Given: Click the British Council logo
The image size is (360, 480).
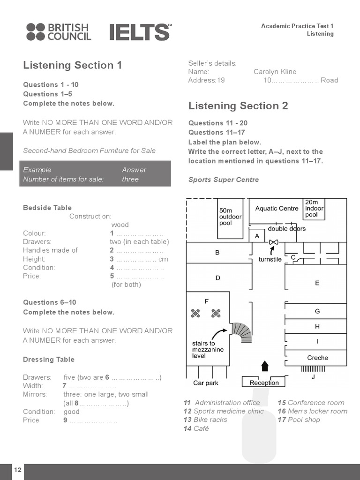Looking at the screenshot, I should click(59, 32).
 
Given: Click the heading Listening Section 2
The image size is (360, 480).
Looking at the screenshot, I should click(238, 106).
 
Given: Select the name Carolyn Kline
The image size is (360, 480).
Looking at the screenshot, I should click(275, 72).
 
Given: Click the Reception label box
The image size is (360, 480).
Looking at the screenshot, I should click(264, 382).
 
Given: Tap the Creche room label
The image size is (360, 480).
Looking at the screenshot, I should click(317, 358).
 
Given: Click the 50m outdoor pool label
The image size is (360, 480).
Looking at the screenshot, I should click(230, 217).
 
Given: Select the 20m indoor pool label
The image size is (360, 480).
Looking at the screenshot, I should click(314, 209).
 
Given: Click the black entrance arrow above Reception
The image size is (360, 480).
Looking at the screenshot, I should click(265, 366).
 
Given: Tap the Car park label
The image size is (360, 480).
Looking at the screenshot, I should click(206, 383).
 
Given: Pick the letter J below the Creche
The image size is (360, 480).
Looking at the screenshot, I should click(313, 376).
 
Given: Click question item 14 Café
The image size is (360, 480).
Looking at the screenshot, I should click(196, 428).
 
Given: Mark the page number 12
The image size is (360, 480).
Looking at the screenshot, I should click(17, 470).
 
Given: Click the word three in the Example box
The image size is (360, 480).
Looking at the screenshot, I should click(130, 179).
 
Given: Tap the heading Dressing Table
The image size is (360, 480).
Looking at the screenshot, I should click(49, 360).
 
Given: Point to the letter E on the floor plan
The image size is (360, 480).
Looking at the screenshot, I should click(317, 283).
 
